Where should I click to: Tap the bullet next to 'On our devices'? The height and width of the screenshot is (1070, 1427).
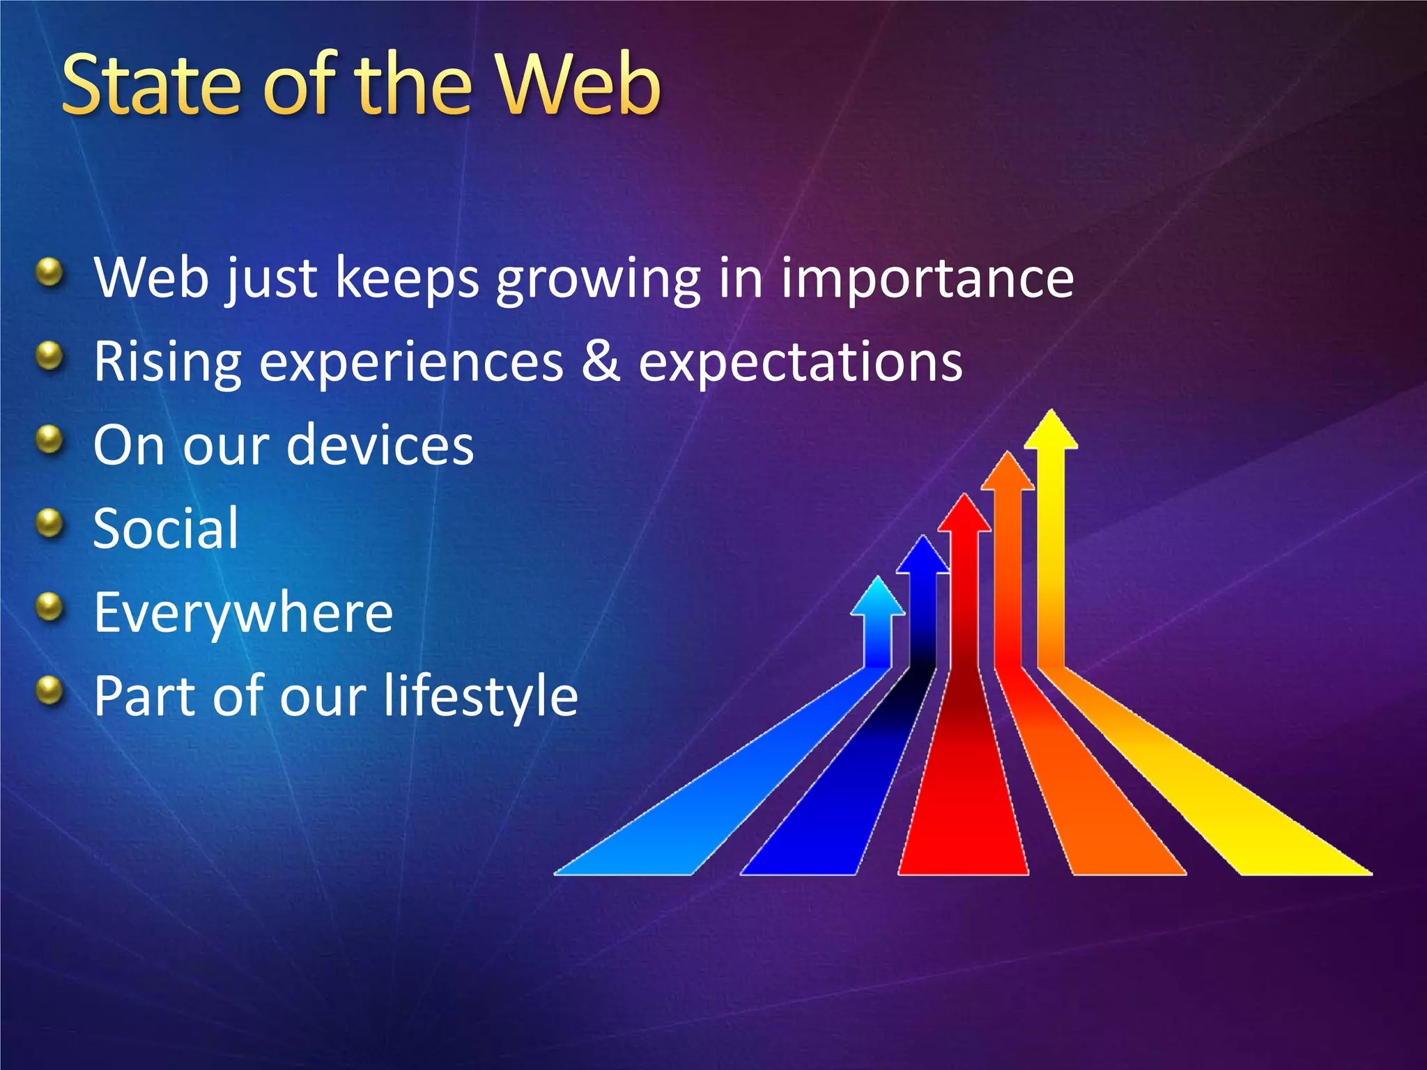coord(49,440)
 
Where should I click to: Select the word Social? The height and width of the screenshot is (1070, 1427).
coord(166,528)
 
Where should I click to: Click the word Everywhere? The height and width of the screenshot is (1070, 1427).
coord(243,613)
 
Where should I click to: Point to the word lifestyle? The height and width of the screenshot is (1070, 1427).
coord(481,696)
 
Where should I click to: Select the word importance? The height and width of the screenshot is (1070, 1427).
coord(927,277)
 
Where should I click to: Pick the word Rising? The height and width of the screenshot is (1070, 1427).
coord(168,362)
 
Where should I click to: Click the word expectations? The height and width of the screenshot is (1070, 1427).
coord(801,362)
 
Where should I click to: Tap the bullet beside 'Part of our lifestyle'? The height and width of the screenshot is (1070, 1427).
coord(49,690)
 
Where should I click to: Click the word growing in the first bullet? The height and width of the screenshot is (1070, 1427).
coord(598,279)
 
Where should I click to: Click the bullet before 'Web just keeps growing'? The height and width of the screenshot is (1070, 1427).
coord(49,272)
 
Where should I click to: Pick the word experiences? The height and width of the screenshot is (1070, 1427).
coord(411,362)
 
